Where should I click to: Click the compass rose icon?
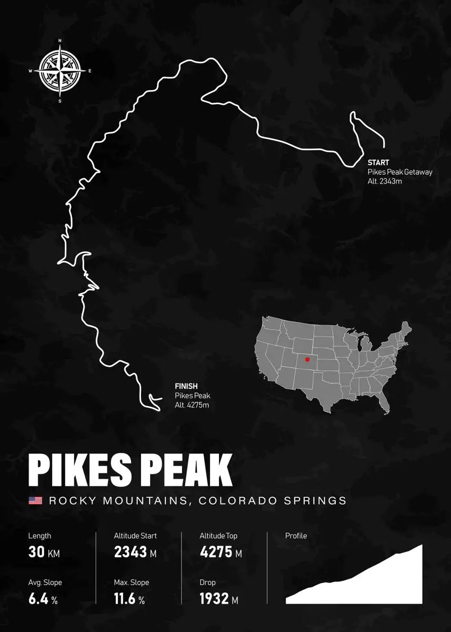60,71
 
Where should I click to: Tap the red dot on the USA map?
307,360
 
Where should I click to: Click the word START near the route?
378,163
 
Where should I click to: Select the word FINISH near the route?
186,387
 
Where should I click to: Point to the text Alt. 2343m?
385,181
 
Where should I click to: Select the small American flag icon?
35,500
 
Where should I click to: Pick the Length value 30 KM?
44,552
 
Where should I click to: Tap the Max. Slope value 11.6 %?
129,599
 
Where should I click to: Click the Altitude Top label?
218,536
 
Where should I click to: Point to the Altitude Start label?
135,536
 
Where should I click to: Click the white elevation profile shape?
379,585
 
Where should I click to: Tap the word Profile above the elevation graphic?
296,536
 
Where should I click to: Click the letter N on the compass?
60,41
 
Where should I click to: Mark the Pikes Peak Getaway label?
400,172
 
